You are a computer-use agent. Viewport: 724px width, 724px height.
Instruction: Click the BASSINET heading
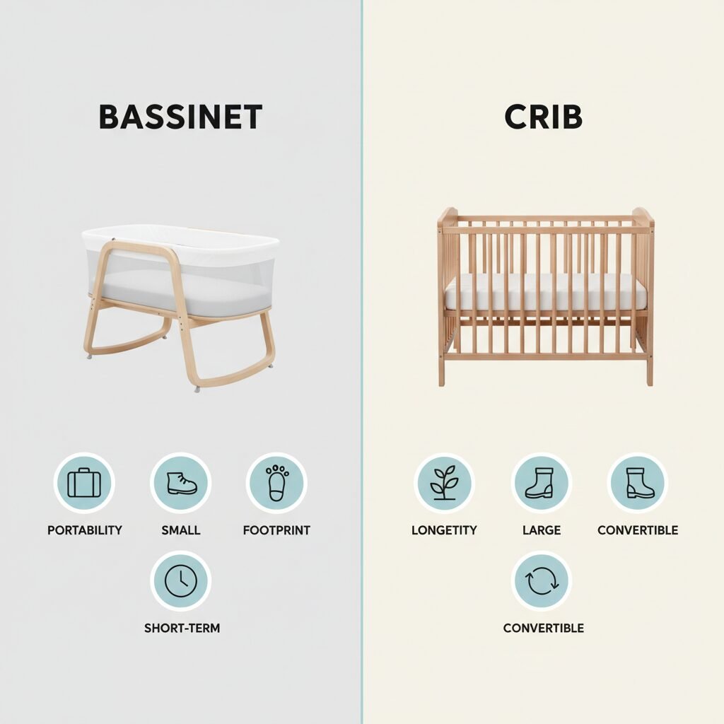pyautogui.click(x=180, y=117)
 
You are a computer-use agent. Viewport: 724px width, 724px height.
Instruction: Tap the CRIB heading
pyautogui.click(x=543, y=117)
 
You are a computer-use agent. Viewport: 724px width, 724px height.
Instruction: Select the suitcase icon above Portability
pyautogui.click(x=84, y=482)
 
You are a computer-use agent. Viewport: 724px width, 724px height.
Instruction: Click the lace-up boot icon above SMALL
pyautogui.click(x=181, y=483)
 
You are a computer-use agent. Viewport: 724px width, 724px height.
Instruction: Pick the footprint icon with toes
pyautogui.click(x=276, y=482)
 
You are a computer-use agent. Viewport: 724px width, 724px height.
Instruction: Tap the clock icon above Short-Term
pyautogui.click(x=180, y=581)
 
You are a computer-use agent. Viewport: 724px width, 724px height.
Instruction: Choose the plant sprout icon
pyautogui.click(x=444, y=482)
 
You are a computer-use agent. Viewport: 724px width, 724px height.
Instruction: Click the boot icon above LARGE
pyautogui.click(x=541, y=482)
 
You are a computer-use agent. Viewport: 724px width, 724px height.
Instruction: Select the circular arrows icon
pyautogui.click(x=542, y=581)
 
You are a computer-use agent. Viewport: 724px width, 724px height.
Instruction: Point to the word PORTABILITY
pyautogui.click(x=85, y=530)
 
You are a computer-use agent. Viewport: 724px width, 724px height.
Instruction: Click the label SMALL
pyautogui.click(x=180, y=530)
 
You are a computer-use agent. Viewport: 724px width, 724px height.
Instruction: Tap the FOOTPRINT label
pyautogui.click(x=276, y=530)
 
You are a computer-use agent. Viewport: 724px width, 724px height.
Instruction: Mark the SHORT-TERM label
pyautogui.click(x=182, y=628)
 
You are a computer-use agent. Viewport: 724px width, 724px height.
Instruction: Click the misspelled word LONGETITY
pyautogui.click(x=444, y=530)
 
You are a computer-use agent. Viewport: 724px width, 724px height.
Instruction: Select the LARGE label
pyautogui.click(x=541, y=530)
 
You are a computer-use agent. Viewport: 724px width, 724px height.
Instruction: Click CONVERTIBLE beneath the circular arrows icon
pyautogui.click(x=544, y=628)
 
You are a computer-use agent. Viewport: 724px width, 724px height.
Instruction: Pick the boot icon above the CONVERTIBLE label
pyautogui.click(x=637, y=482)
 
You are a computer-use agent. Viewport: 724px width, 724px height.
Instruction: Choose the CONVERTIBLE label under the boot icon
pyautogui.click(x=638, y=530)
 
